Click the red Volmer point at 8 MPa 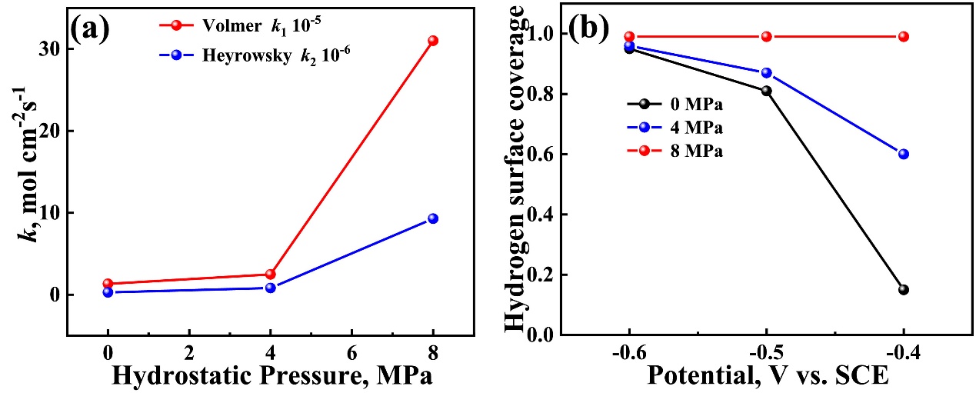coord(433,41)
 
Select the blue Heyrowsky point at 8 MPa coord(433,218)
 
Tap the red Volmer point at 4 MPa coord(270,275)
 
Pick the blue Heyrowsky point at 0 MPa coord(108,292)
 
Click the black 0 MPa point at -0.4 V coord(903,290)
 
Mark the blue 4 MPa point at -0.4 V coord(903,154)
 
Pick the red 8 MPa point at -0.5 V coord(766,36)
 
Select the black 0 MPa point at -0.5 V coord(766,91)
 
